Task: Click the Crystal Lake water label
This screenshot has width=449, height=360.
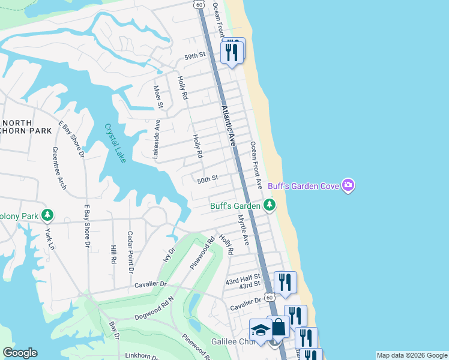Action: pos(115,143)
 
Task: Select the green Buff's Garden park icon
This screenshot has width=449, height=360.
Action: pos(270,206)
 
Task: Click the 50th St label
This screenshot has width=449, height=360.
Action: pos(206,178)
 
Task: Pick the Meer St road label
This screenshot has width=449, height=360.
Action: pos(159,97)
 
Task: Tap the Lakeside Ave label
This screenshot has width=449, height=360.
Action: pos(156,139)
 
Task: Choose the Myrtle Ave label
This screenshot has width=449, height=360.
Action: pos(243,230)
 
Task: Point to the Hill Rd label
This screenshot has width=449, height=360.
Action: pos(112,254)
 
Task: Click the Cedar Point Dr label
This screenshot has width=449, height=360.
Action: pos(130,253)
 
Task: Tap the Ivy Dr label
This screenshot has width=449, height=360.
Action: pos(168,255)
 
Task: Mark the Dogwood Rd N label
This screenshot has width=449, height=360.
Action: pos(154,307)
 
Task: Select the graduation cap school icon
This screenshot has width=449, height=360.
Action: pos(261,330)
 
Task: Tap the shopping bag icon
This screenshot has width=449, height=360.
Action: pos(278,328)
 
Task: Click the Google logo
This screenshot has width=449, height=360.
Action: pos(20,353)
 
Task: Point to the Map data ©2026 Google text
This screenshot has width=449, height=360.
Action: pos(412,355)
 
